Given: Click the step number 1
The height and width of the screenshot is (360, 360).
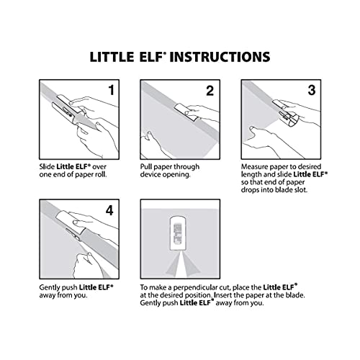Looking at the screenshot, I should coord(110,92).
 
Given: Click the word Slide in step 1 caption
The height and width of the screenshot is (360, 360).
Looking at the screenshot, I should coord(47,167).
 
